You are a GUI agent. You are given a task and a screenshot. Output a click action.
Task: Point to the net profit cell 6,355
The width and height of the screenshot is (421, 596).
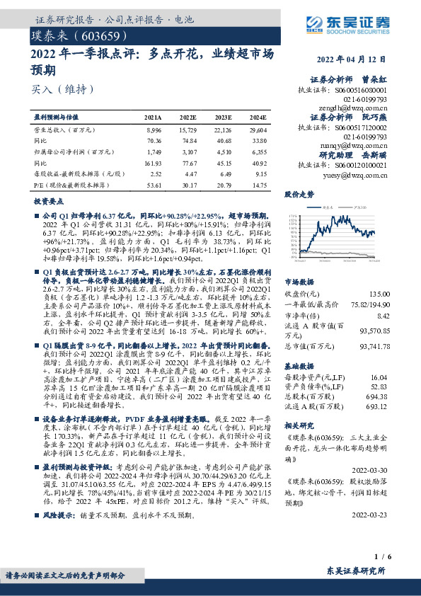[x=259, y=151]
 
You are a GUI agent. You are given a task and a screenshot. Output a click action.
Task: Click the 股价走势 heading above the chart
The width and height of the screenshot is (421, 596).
[x=299, y=193]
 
